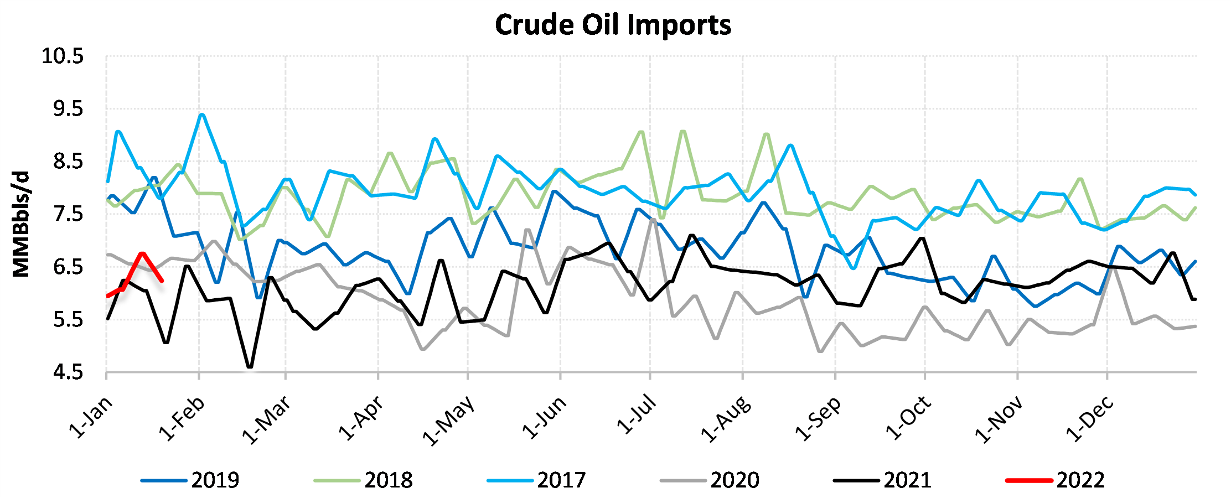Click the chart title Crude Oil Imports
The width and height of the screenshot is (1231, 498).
tap(613, 25)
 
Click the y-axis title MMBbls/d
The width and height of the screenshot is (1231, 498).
tap(21, 224)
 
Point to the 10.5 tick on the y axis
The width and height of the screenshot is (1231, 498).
tap(63, 56)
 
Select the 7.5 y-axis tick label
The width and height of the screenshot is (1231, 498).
tap(68, 214)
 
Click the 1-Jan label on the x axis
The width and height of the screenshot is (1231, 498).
tap(90, 418)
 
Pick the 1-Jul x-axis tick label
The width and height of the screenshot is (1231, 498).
tap(636, 415)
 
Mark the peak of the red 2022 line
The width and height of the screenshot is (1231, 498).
tap(142, 253)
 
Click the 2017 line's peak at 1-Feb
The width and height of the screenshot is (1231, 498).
tap(201, 115)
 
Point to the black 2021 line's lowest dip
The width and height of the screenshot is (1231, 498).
tap(250, 367)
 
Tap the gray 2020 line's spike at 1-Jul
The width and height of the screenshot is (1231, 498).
tap(653, 219)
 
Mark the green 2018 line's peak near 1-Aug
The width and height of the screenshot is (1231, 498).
tap(766, 134)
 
